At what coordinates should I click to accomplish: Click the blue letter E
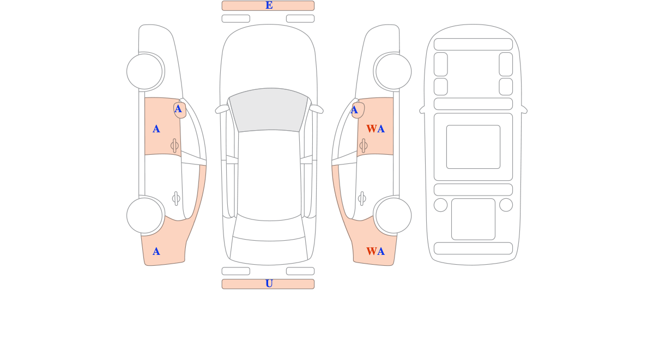tap(269, 5)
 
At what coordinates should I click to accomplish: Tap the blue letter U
tap(269, 284)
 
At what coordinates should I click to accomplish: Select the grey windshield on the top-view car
tap(269, 110)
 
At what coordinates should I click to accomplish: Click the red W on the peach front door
tap(371, 129)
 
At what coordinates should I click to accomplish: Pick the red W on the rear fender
tap(371, 251)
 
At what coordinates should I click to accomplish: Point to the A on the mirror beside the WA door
tap(354, 110)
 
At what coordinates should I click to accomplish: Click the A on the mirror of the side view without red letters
tap(178, 109)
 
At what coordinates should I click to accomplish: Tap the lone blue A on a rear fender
tap(156, 252)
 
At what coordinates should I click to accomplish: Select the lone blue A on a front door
tap(156, 129)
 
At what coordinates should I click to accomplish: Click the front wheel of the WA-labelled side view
tap(393, 71)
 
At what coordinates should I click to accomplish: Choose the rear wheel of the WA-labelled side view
tap(393, 216)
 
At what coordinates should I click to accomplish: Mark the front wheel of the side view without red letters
tap(144, 71)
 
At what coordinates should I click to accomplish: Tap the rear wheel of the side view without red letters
tap(144, 216)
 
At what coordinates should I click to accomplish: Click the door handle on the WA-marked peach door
tap(364, 145)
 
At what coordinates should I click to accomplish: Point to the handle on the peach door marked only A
tap(174, 145)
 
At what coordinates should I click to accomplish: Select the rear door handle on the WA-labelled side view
tap(362, 199)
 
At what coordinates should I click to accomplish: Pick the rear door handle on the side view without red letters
tap(176, 199)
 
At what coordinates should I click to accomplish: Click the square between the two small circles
tap(473, 219)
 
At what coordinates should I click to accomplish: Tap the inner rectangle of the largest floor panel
tap(473, 147)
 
